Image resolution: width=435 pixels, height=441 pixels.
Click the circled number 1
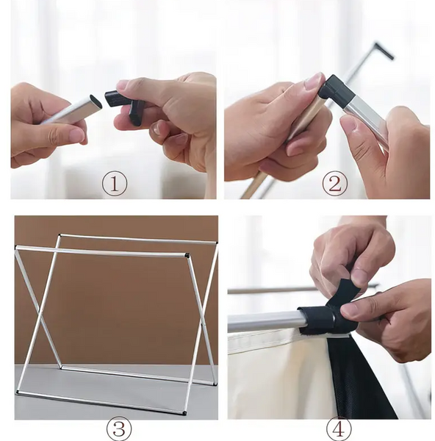115,184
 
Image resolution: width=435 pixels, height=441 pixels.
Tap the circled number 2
334,184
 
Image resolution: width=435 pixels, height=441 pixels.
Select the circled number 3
119,429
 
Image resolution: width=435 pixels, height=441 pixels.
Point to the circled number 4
339,429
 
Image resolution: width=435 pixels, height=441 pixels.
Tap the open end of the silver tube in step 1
96,102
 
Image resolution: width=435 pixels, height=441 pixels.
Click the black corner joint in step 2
336,90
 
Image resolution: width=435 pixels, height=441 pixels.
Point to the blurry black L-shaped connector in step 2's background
384,50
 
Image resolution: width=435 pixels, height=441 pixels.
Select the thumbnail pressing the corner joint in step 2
314,79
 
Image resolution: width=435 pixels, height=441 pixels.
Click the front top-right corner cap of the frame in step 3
187,255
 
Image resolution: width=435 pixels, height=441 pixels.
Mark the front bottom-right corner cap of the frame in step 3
184,413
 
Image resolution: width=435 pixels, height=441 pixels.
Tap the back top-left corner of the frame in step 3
60,235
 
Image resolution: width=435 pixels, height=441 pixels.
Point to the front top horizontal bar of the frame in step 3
101,251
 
